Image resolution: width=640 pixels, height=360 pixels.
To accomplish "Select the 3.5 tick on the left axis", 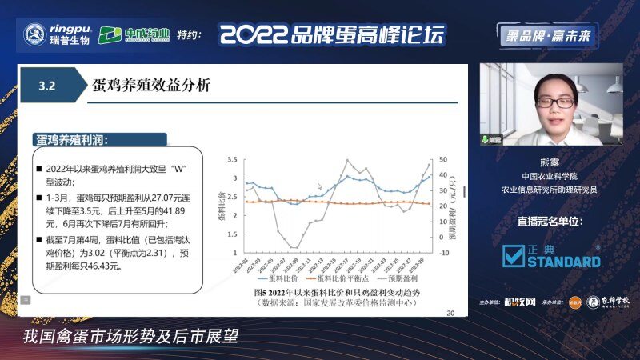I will click(x=233, y=159).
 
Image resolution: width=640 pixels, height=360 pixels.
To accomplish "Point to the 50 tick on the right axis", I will click(x=442, y=159).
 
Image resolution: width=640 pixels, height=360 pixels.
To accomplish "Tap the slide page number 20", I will click(x=450, y=313).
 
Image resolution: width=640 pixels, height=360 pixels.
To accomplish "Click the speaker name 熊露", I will click(x=550, y=161).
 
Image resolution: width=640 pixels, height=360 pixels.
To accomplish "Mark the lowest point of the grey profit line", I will click(x=294, y=247).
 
